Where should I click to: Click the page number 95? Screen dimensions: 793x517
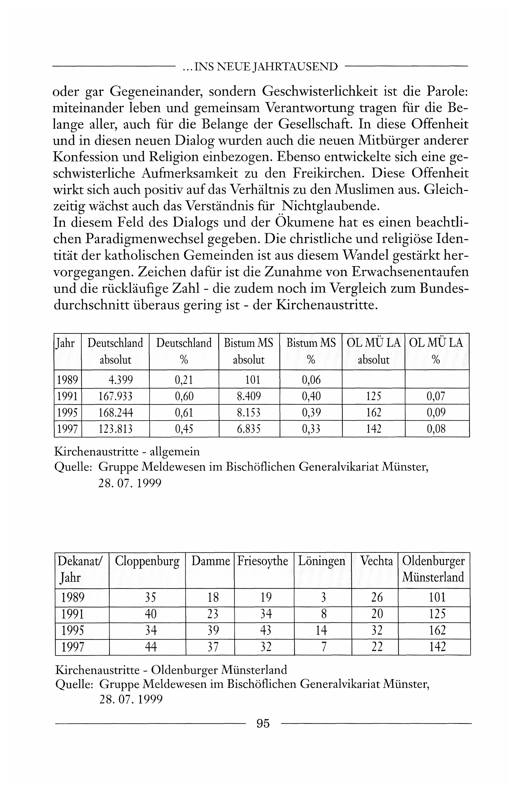pyautogui.click(x=263, y=723)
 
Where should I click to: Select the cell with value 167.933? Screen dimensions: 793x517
pyautogui.click(x=115, y=396)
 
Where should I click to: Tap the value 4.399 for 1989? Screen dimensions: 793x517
pyautogui.click(x=120, y=379)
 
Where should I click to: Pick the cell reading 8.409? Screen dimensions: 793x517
pyautogui.click(x=249, y=396)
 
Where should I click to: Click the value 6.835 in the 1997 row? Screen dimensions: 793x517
pyautogui.click(x=249, y=429)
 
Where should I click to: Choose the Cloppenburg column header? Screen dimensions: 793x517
pyautogui.click(x=147, y=561)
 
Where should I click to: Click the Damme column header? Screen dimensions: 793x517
pyautogui.click(x=210, y=561)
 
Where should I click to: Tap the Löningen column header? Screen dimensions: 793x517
pyautogui.click(x=322, y=561)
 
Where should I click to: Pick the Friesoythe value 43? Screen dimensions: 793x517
pyautogui.click(x=266, y=630)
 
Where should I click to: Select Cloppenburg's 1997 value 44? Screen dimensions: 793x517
pyautogui.click(x=151, y=647)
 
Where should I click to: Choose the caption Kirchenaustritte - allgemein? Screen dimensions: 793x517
pyautogui.click(x=127, y=452)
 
